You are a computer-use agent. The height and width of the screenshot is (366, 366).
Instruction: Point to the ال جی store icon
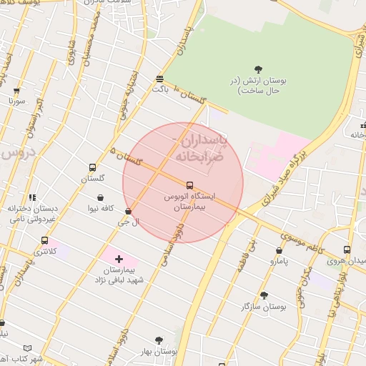point(128,211)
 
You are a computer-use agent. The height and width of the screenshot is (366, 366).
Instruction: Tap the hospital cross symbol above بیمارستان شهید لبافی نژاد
point(119,258)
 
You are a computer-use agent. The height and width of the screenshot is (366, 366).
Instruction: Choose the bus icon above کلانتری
point(46,240)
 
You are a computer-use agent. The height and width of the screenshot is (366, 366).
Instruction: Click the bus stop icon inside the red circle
point(189,184)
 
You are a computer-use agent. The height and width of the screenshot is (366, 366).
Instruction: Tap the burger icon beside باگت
point(159,79)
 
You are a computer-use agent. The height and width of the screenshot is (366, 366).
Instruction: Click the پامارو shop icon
point(279,251)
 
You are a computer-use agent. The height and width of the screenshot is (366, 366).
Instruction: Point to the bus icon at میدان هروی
point(347,250)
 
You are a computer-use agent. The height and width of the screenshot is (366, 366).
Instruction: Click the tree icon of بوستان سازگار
point(264,295)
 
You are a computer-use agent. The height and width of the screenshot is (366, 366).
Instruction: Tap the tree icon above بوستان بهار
point(159,340)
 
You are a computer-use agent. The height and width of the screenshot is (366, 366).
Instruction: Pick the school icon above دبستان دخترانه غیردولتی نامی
point(32,197)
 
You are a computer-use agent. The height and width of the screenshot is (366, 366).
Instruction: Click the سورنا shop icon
point(16,91)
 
